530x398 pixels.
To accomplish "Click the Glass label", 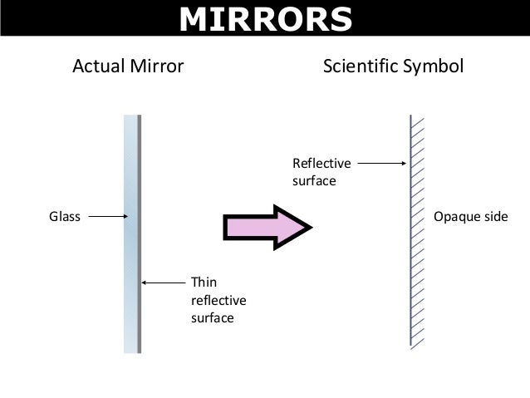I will tap(66, 217).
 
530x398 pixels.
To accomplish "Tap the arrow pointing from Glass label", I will tap(107, 217).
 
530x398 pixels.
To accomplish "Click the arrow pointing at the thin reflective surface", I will tap(163, 283).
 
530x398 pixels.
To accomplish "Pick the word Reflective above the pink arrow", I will tap(321, 164).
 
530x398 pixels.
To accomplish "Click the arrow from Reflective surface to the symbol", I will tap(381, 164).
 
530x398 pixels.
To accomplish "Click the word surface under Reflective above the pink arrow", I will tap(314, 180).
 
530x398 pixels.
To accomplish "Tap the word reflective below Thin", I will tap(218, 300).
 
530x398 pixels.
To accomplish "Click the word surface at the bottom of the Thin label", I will tap(212, 317).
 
